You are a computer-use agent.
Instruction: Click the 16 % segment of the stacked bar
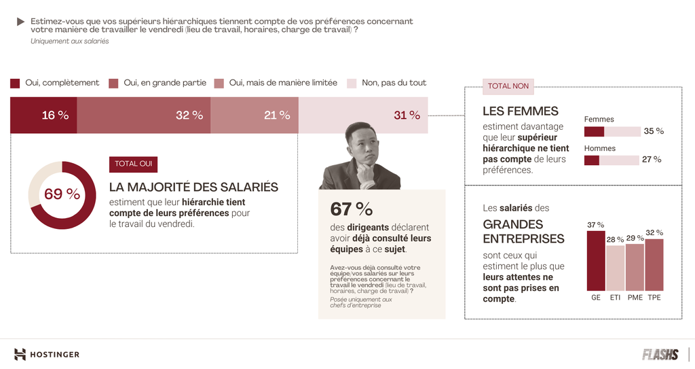click(x=43, y=115)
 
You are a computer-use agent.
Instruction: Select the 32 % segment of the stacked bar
click(x=143, y=115)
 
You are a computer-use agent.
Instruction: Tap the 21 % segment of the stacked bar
click(x=255, y=115)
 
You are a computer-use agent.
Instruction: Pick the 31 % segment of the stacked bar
click(x=364, y=115)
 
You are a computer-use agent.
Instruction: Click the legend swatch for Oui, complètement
click(x=15, y=83)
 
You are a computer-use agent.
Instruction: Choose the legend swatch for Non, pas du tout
click(x=352, y=83)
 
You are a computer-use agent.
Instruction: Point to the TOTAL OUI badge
click(x=133, y=164)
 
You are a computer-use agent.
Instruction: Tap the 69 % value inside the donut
click(x=62, y=194)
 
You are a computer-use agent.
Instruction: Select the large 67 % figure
click(x=351, y=209)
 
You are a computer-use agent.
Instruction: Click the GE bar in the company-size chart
click(x=595, y=261)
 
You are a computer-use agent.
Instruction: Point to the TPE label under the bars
click(x=654, y=298)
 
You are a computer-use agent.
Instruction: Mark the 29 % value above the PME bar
click(x=635, y=238)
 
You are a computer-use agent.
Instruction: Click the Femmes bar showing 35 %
click(x=612, y=131)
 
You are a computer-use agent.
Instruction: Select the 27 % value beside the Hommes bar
click(x=652, y=160)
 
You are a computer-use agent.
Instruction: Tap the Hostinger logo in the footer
click(x=47, y=354)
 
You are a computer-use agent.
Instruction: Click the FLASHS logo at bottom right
click(x=660, y=354)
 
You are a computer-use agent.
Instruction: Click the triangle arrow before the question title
click(x=21, y=22)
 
